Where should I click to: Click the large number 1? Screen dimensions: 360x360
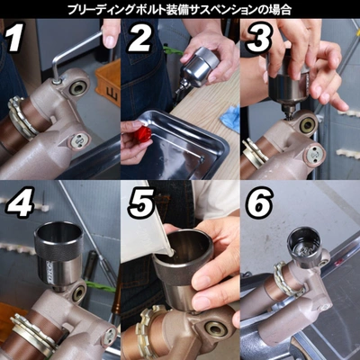pos(14,37)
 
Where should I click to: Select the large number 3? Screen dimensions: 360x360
pos(259,38)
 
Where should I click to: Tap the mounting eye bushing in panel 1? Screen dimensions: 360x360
pos(78,86)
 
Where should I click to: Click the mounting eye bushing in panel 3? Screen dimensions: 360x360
pos(307,125)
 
